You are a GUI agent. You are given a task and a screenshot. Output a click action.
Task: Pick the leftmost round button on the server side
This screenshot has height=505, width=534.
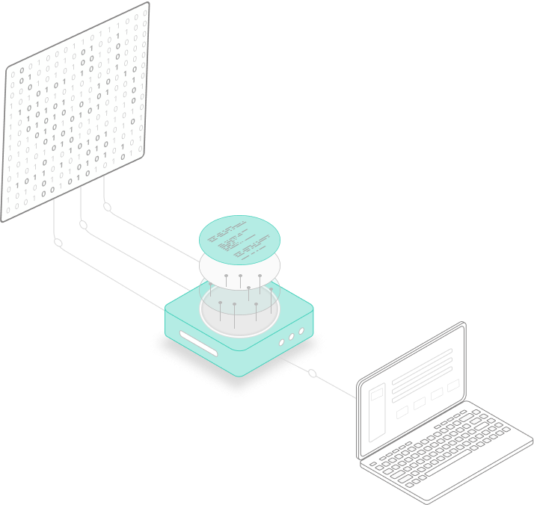pos(282,341)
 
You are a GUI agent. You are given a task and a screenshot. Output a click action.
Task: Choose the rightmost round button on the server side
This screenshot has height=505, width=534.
pos(301,331)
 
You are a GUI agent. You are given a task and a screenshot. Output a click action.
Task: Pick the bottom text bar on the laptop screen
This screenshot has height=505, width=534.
pos(423,380)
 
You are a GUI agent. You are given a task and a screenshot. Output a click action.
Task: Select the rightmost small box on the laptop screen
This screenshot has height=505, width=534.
pos(453,385)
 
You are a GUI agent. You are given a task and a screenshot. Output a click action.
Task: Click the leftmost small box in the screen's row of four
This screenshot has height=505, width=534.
pos(402,412)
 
